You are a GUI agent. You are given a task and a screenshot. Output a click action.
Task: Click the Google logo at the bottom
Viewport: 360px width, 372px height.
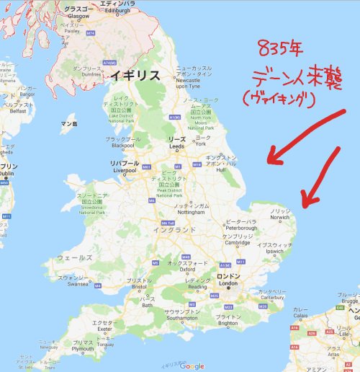192,366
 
